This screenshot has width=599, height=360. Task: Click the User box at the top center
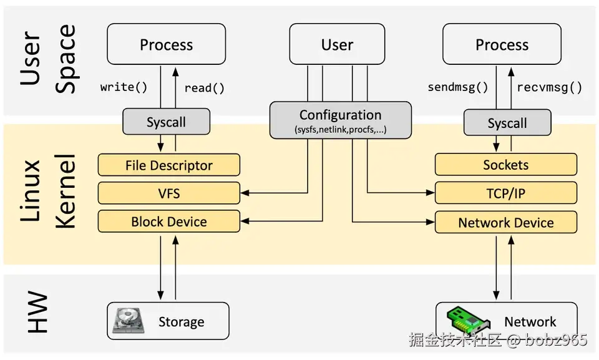tap(337, 44)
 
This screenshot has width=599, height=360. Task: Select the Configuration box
tap(341, 120)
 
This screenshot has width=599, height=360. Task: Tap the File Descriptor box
tap(169, 165)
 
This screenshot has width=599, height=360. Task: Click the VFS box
tap(169, 193)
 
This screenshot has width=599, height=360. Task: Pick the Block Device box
tap(169, 221)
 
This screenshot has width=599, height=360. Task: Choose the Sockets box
tap(506, 165)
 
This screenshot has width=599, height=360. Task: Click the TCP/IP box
tap(506, 193)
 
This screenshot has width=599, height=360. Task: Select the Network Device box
tap(506, 222)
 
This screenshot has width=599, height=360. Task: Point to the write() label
tap(124, 87)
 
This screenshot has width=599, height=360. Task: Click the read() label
tap(205, 88)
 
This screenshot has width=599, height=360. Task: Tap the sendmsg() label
tap(457, 87)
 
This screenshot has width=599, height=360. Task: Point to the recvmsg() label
tap(549, 87)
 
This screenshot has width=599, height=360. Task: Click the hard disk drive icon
tap(129, 320)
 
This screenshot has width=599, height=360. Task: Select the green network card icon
tap(468, 320)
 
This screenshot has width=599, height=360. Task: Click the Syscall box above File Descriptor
tap(166, 122)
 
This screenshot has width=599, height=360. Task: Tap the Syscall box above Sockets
tap(507, 123)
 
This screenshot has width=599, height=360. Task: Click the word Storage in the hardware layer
tap(181, 322)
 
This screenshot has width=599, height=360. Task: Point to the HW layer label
tap(37, 312)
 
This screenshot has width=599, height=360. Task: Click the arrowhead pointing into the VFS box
tap(245, 193)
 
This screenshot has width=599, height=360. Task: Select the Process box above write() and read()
tap(166, 44)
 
